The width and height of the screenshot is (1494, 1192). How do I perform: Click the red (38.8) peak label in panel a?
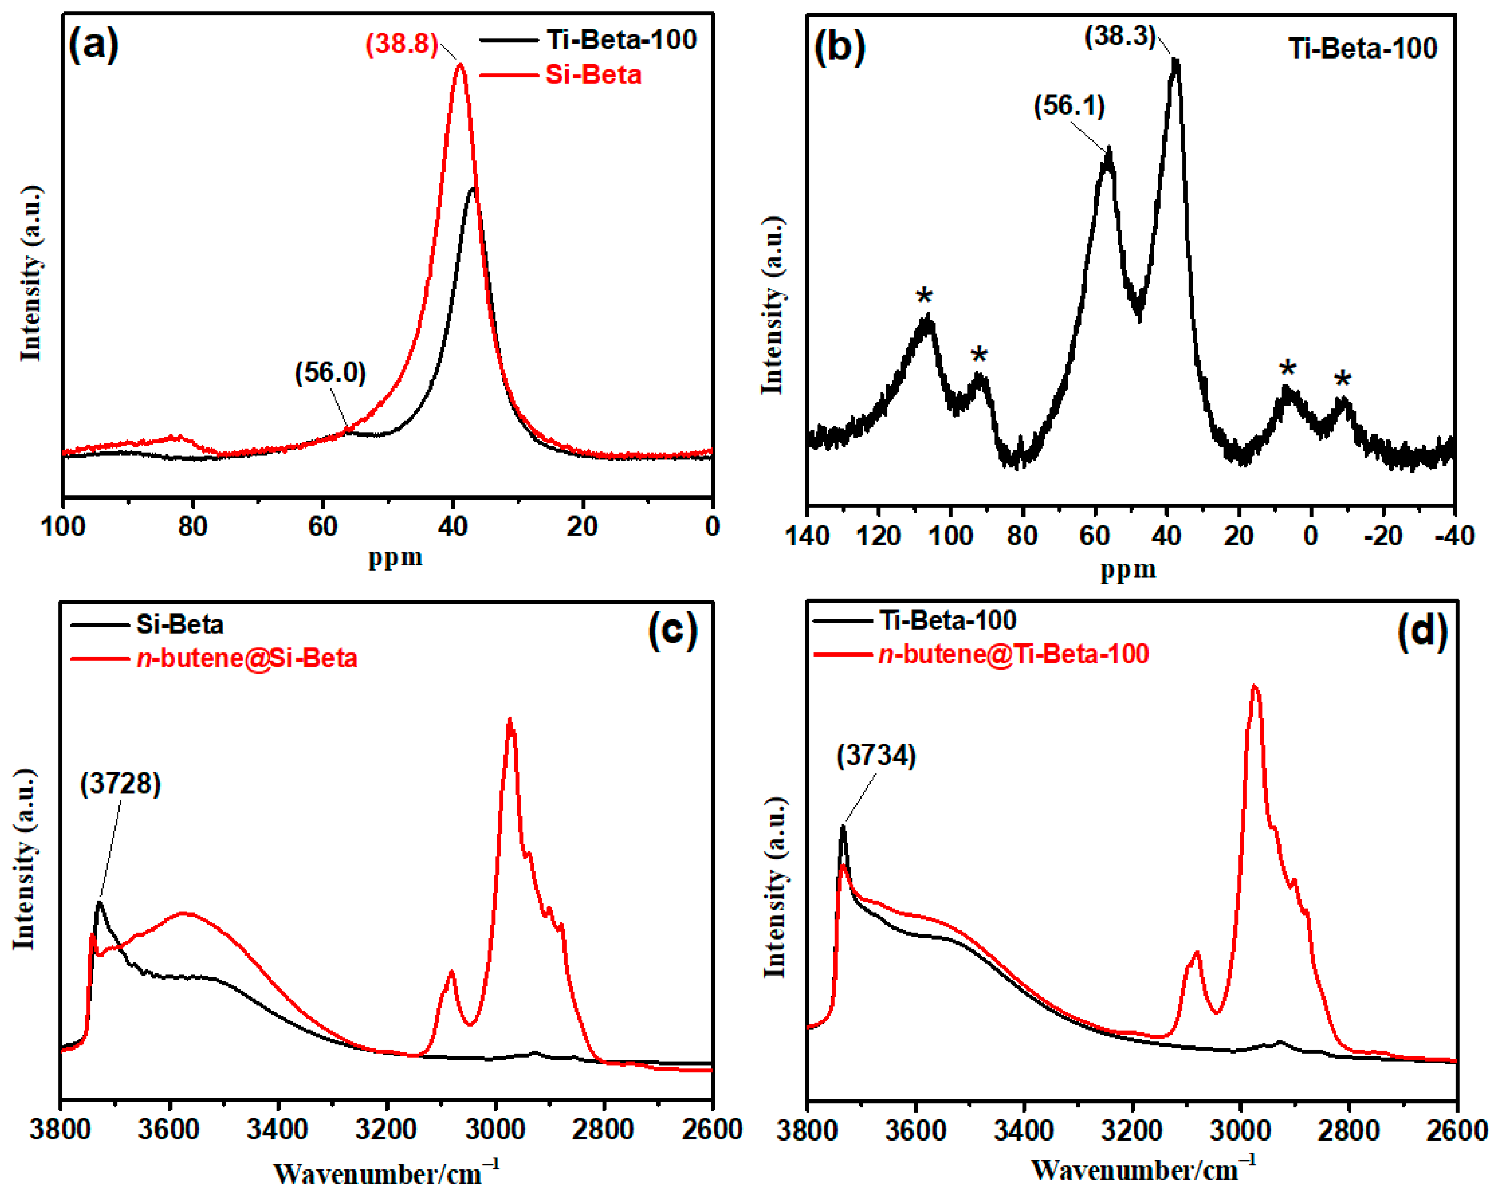click(402, 44)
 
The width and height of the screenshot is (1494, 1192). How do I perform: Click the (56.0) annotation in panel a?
click(330, 373)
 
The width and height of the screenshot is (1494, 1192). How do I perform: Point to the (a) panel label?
click(94, 46)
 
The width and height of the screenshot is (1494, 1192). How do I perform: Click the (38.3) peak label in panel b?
click(1120, 36)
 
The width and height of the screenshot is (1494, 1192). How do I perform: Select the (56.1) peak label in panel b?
click(1069, 106)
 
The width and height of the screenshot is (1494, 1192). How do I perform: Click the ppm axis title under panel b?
click(1128, 569)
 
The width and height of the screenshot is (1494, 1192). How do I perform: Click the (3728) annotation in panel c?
click(121, 784)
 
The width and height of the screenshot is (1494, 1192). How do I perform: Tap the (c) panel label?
click(673, 630)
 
